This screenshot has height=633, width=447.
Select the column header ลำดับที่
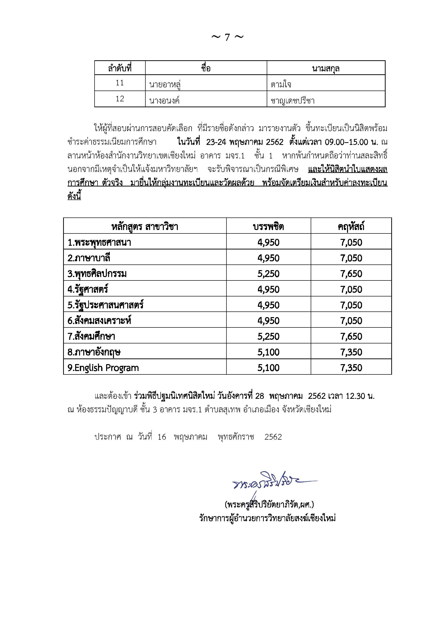[120, 68]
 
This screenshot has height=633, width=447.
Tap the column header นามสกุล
[326, 68]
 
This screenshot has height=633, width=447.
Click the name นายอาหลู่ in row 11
[165, 84]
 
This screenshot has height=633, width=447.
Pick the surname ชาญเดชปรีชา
[293, 100]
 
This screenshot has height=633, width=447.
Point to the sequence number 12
[120, 99]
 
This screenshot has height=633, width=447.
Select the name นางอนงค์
[164, 100]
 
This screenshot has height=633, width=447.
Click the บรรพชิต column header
[268, 226]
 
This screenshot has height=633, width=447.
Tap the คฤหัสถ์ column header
[351, 226]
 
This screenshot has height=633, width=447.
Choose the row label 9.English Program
[103, 368]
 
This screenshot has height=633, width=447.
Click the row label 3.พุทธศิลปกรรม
[97, 274]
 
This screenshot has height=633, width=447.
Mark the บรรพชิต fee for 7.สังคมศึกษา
[268, 336]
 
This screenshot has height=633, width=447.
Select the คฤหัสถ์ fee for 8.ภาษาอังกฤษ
[351, 352]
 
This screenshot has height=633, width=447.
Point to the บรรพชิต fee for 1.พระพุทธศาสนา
[268, 242]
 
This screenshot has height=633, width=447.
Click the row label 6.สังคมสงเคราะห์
[99, 321]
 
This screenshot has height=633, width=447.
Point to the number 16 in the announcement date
[162, 437]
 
